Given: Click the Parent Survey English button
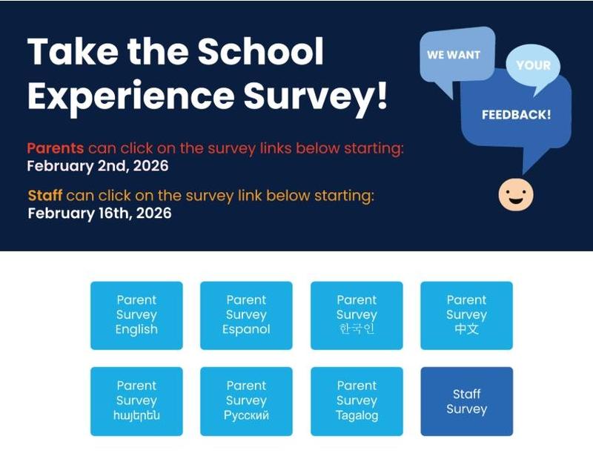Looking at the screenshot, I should click(x=136, y=315).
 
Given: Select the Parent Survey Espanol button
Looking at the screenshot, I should click(x=246, y=315).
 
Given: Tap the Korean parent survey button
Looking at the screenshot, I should click(x=357, y=315).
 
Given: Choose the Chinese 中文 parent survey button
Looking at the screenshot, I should click(x=466, y=315).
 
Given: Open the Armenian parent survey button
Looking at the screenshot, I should click(x=136, y=400).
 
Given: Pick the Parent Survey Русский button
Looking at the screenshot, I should click(x=246, y=400).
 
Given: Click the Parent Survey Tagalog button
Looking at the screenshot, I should click(x=357, y=400).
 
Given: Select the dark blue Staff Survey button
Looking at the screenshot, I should click(x=466, y=401).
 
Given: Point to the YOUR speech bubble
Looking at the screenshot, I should click(x=533, y=65).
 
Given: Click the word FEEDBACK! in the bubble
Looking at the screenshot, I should click(x=516, y=115).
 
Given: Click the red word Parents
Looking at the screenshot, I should click(x=55, y=148).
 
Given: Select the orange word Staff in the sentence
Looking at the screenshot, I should click(x=44, y=196).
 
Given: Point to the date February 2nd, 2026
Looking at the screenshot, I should click(x=98, y=166).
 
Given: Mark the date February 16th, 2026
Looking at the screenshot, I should click(x=99, y=214).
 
